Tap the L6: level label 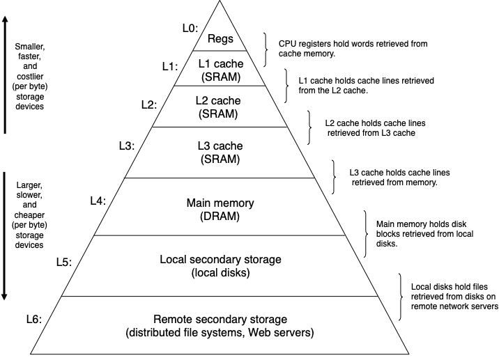click(x=32, y=320)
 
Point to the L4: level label click(x=98, y=201)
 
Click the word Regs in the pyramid click(x=220, y=39)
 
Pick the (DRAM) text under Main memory click(x=220, y=217)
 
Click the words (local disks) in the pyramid click(x=220, y=273)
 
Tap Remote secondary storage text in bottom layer click(x=220, y=320)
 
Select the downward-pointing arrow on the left click(x=6, y=237)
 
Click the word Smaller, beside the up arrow click(x=29, y=47)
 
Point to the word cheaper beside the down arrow click(x=29, y=217)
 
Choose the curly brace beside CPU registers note click(x=267, y=49)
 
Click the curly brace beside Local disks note click(x=400, y=296)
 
